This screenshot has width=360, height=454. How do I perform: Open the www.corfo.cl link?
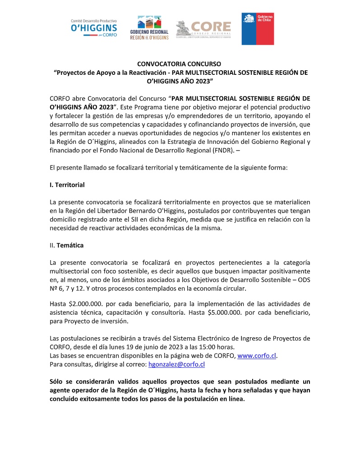pyautogui.click(x=257, y=356)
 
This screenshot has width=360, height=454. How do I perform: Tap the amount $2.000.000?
pyautogui.click(x=86, y=304)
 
